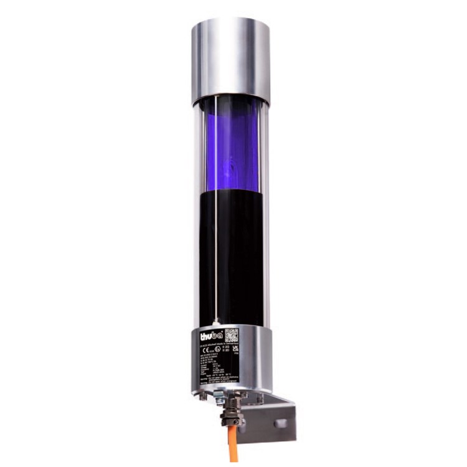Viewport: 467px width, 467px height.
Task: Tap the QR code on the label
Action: coord(231,335)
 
